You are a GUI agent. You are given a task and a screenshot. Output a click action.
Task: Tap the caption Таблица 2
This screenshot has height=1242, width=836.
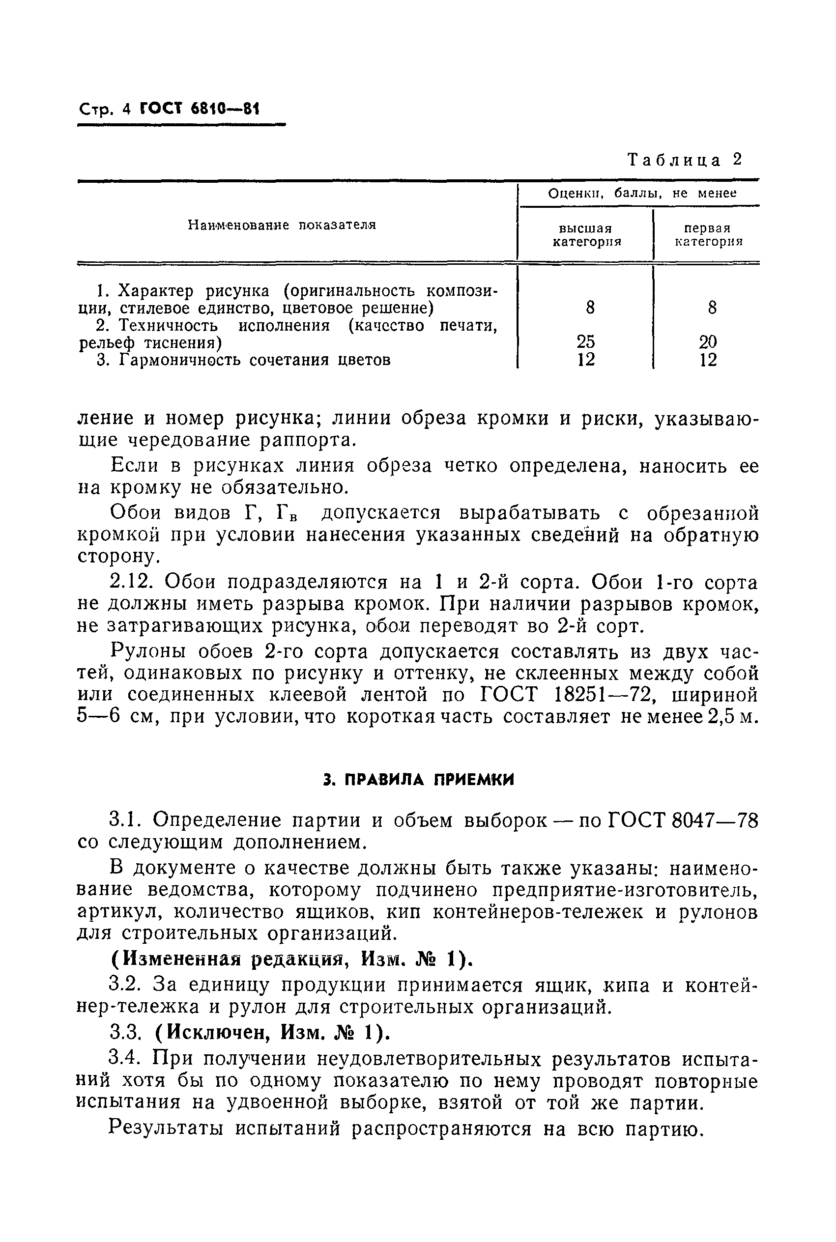click(x=685, y=160)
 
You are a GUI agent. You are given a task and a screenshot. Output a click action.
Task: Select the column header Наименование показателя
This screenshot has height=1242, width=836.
click(x=282, y=226)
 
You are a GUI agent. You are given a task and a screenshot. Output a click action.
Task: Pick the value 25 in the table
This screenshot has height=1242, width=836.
click(x=586, y=341)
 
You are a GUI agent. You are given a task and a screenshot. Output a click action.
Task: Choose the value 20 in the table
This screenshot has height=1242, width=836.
click(x=708, y=341)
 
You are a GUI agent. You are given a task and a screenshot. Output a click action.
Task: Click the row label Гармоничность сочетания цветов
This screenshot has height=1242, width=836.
click(x=254, y=361)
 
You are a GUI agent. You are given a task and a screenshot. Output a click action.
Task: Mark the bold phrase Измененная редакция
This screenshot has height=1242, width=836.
click(x=232, y=959)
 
